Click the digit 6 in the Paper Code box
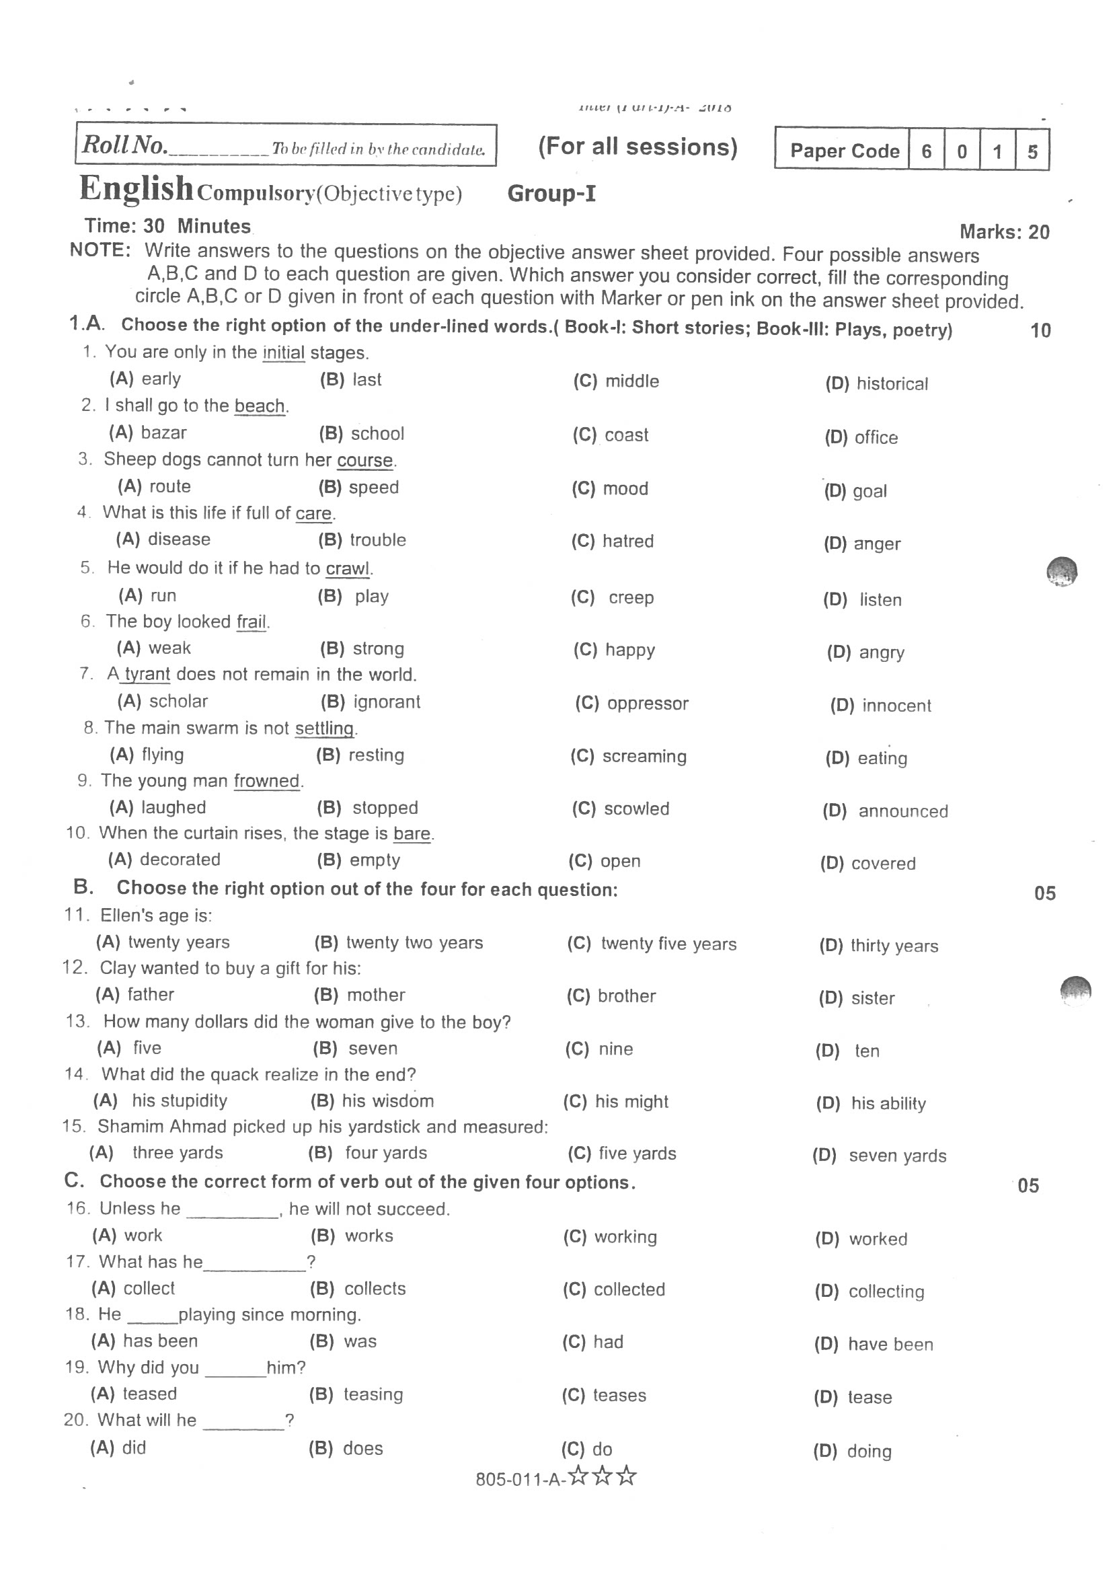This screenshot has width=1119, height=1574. [927, 151]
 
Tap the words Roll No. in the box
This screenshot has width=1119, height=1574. [124, 145]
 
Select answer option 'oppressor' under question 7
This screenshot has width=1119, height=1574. [647, 704]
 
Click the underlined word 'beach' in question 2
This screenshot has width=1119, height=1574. [259, 406]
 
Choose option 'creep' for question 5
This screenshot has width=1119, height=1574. [631, 597]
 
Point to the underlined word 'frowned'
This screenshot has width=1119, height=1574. [267, 781]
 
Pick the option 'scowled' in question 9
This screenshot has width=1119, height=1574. [636, 809]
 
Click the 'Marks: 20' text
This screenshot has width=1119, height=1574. [1004, 231]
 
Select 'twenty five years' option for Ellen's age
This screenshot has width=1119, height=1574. [668, 944]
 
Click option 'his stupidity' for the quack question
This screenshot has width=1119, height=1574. [179, 1100]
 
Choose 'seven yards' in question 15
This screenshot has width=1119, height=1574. [897, 1156]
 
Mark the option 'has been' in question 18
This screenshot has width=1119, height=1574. [160, 1341]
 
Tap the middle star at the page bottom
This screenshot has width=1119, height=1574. [603, 1476]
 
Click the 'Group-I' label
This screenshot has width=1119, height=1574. [551, 194]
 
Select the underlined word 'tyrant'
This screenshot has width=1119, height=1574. [147, 674]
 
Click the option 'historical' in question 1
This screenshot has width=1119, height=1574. [892, 384]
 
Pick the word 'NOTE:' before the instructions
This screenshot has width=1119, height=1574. [100, 250]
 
